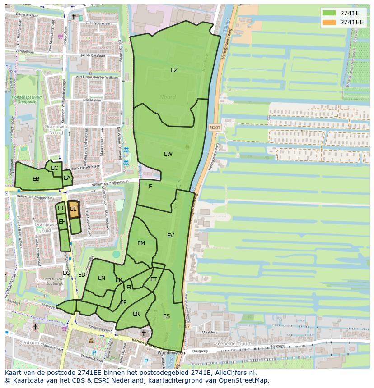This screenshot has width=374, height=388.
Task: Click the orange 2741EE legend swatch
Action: coord(329,22)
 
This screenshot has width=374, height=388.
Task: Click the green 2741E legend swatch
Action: coord(329,13)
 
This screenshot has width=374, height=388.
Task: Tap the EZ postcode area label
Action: coord(174,70)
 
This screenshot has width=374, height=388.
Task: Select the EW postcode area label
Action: coord(168,154)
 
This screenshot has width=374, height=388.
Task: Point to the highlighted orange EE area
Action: coord(73,209)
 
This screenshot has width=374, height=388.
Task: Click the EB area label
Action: coord(36,179)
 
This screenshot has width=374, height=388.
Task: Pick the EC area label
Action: coord(55,168)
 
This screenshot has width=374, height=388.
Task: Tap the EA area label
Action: coord(67,178)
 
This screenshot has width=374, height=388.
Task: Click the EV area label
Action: coord(170,236)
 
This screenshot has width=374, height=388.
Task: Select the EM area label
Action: coord(141,243)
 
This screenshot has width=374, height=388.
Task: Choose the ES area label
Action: coord(166,316)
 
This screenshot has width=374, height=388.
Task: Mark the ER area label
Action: coord(136,314)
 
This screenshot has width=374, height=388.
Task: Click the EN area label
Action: coord(102,278)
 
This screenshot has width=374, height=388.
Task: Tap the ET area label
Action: coord(154,279)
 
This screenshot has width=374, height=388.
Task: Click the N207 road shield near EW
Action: coord(215,128)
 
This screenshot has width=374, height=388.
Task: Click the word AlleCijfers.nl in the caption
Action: coord(235,373)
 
